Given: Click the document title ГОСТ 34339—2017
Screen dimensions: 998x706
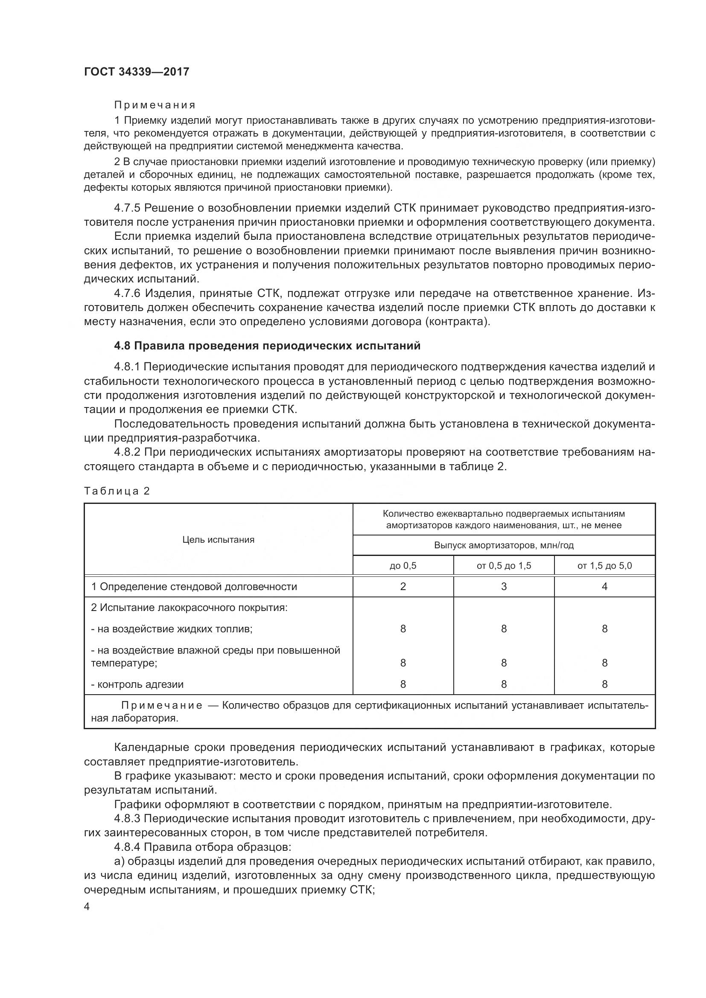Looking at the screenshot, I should [137, 72].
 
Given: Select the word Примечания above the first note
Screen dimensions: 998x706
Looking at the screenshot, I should [155, 105].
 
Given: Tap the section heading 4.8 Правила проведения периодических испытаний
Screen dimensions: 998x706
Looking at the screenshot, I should [267, 346].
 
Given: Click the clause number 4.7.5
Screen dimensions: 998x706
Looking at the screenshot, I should [127, 208].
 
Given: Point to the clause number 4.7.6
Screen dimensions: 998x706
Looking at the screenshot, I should [127, 294].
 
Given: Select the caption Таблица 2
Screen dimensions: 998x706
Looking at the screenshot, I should [117, 491].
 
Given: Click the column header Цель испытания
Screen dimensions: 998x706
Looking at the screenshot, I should [218, 540].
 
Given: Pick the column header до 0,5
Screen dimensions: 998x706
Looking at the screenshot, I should [403, 566].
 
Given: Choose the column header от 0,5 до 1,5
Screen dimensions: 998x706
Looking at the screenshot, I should [504, 566].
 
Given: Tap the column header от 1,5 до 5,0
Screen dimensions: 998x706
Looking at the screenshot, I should [605, 566].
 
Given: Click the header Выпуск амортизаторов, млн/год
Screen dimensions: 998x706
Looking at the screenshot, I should [504, 545].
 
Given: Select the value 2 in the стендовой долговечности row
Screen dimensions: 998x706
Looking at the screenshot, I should [403, 587].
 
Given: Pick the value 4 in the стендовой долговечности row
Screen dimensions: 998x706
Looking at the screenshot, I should [605, 587].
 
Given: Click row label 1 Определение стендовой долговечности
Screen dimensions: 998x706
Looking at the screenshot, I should [194, 587].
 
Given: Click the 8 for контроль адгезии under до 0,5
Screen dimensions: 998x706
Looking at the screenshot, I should [403, 684].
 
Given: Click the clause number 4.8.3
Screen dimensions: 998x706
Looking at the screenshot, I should [127, 819].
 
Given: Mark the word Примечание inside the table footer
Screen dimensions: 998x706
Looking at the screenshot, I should [162, 705].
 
